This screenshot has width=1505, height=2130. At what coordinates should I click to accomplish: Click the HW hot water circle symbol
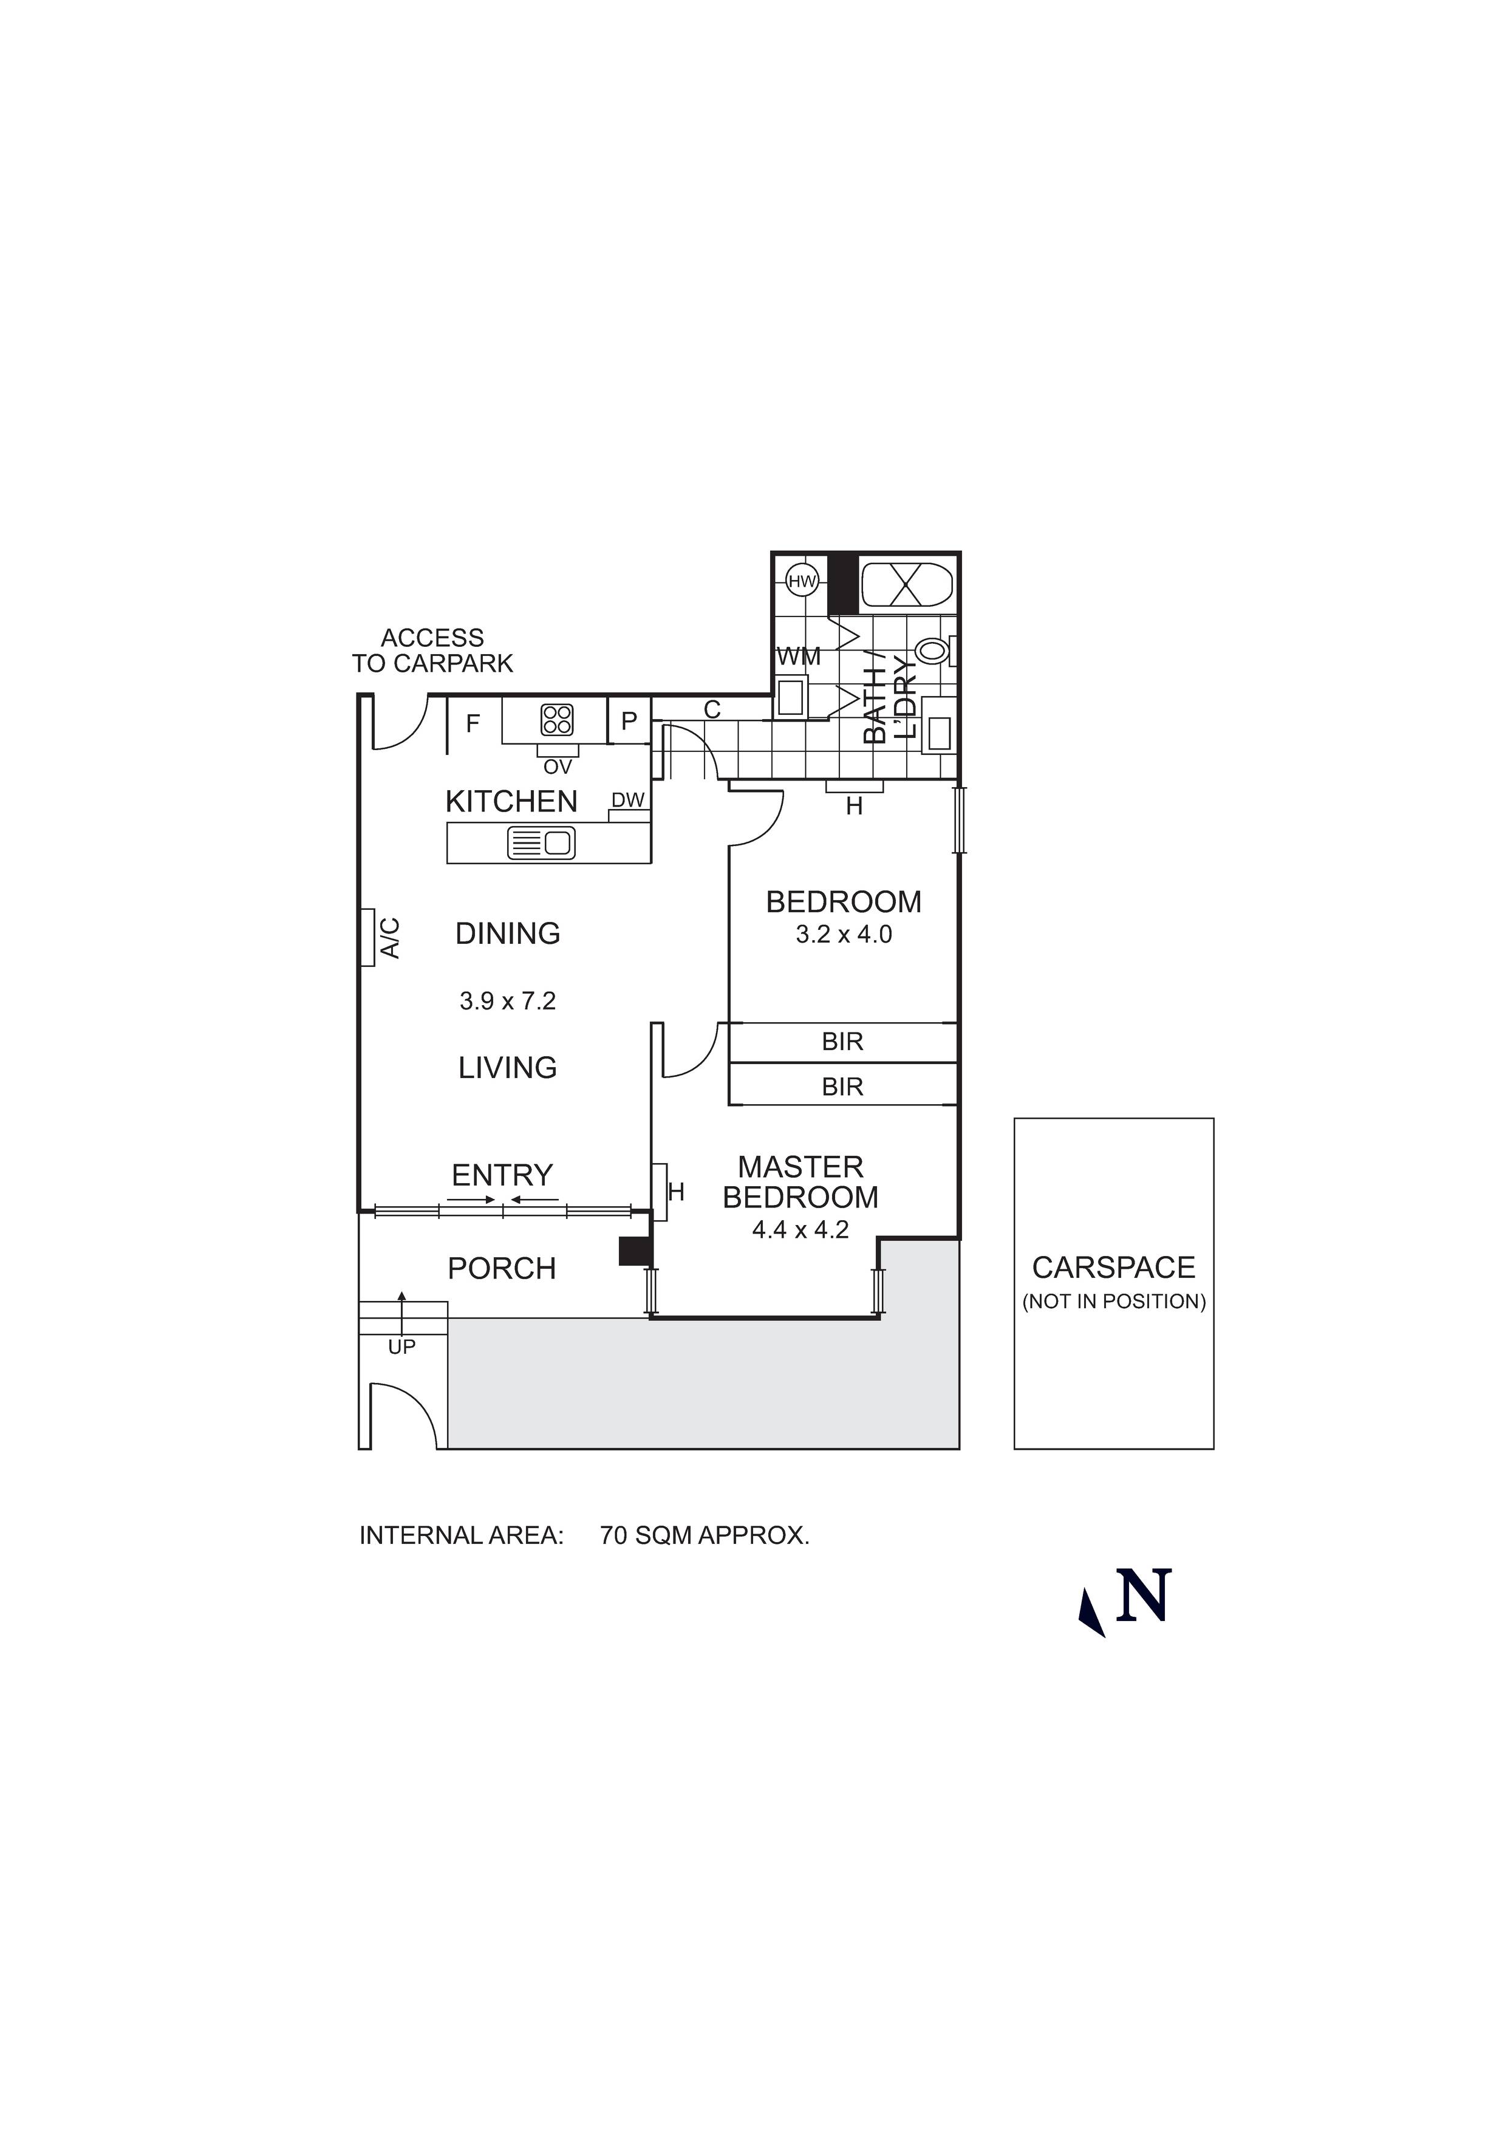point(800,582)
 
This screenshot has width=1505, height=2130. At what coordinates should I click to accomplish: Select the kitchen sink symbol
point(542,842)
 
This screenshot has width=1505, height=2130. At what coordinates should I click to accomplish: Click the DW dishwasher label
point(628,800)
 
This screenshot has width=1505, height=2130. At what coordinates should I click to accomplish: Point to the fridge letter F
point(473,723)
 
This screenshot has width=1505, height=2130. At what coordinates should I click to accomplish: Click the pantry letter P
point(629,721)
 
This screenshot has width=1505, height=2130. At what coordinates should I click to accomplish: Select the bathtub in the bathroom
point(907,584)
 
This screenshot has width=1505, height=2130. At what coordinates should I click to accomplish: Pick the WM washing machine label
point(799,657)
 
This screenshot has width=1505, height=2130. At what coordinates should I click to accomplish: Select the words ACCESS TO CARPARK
point(432,650)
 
